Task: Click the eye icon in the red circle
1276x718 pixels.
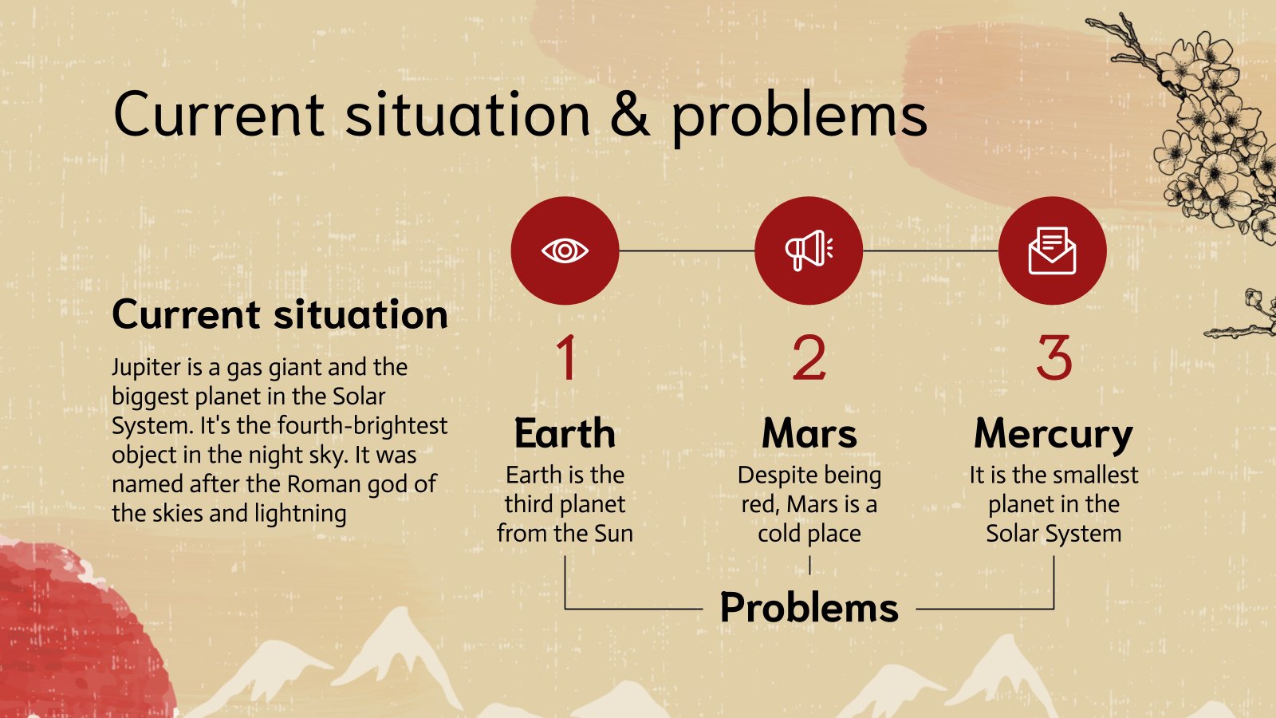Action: click(x=565, y=251)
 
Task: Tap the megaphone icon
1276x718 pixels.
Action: click(x=809, y=251)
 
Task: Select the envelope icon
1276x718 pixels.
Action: click(x=1052, y=251)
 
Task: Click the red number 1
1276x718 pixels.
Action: click(x=567, y=357)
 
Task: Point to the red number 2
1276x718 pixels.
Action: click(x=809, y=357)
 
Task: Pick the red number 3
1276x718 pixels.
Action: click(x=1053, y=357)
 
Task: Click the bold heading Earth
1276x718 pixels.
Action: click(x=565, y=434)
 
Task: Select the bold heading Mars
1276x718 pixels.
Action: click(x=809, y=434)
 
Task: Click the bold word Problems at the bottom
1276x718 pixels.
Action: click(x=809, y=609)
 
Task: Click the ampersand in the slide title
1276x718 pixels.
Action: click(x=629, y=114)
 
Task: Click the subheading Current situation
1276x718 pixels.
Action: click(x=280, y=314)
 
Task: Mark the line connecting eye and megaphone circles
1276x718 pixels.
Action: click(x=687, y=251)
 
